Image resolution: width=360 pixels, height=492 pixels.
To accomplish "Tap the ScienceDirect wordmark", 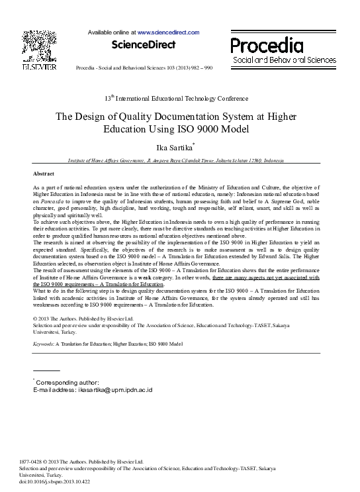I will click(143, 45).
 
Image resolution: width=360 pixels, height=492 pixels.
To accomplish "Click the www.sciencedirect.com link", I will click(168, 32).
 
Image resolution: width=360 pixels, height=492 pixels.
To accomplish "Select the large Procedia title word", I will click(267, 45).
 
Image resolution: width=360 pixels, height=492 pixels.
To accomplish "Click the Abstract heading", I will click(44, 173).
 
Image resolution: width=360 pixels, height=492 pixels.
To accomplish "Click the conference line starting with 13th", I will click(176, 99).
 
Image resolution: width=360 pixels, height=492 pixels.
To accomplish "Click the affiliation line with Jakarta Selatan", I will click(176, 161).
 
